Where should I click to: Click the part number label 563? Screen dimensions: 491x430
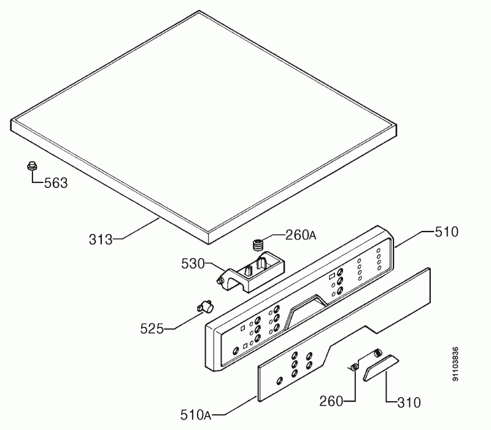pyautogui.click(x=56, y=182)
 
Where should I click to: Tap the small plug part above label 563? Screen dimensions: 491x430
pyautogui.click(x=32, y=165)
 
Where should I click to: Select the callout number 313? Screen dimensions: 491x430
pyautogui.click(x=101, y=240)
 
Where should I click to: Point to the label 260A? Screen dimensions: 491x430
pyautogui.click(x=301, y=235)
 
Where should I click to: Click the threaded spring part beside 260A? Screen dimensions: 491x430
pyautogui.click(x=258, y=244)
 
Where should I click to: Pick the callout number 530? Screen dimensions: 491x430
pyautogui.click(x=193, y=264)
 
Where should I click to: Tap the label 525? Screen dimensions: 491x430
pyautogui.click(x=152, y=329)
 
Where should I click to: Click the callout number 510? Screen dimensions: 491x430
pyautogui.click(x=447, y=232)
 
